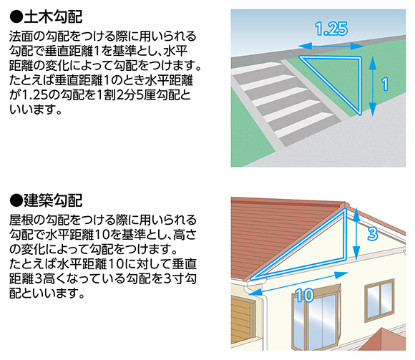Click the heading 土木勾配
[53, 17]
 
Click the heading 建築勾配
[53, 200]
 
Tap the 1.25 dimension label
[331, 29]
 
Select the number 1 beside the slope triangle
[385, 84]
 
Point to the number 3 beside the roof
[372, 234]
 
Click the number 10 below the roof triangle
[304, 295]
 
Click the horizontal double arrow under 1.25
[331, 47]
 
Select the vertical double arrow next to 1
[372, 86]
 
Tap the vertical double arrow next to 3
[356, 234]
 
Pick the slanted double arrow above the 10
[298, 283]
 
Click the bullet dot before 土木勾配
[16, 17]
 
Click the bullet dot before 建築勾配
[16, 200]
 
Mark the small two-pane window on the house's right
[379, 300]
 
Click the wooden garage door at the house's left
[240, 321]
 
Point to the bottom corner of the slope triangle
[360, 115]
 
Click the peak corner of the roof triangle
[345, 209]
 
